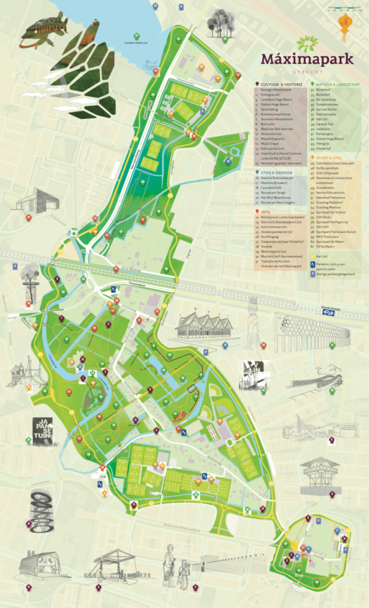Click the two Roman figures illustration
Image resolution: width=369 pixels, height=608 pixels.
pyautogui.click(x=178, y=570)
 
